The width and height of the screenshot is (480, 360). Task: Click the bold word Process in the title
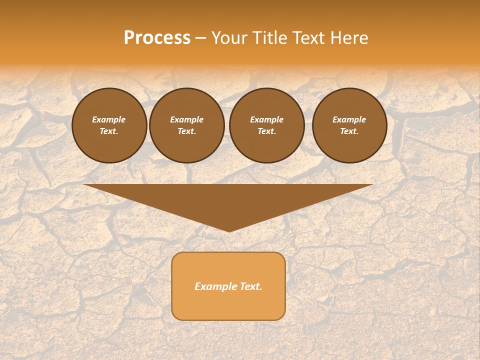click(x=157, y=38)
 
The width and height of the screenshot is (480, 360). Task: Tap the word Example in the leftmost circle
click(x=109, y=119)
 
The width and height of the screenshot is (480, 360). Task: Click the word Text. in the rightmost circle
click(x=349, y=131)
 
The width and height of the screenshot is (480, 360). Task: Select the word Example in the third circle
click(x=266, y=119)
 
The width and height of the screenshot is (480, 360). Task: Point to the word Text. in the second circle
click(x=186, y=131)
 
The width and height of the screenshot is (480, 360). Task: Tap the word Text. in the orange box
click(x=251, y=286)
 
